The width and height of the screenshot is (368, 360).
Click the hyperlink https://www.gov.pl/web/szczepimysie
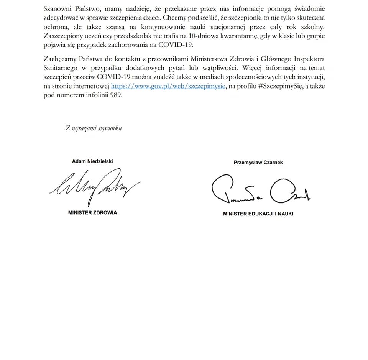[x=168, y=86]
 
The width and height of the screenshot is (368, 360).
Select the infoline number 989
[x=116, y=95]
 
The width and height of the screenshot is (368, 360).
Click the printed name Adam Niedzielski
[x=92, y=161]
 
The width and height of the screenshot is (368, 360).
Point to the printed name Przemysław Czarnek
[x=258, y=163]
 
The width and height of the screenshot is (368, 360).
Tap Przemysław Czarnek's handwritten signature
[x=260, y=190]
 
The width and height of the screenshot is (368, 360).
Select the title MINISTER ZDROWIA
[x=92, y=213]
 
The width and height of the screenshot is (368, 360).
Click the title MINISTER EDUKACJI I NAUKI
[x=258, y=214]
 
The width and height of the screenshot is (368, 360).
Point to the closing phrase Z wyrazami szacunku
[x=94, y=128]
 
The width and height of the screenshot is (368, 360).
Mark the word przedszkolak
[x=133, y=36]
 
